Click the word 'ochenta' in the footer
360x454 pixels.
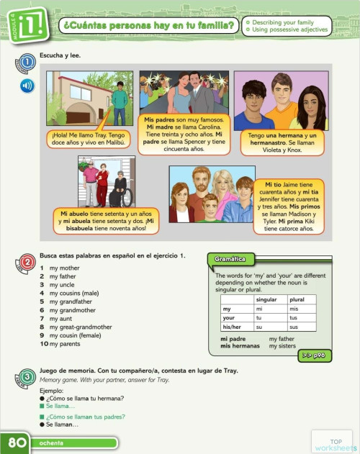point(52,443)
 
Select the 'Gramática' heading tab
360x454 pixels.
point(230,259)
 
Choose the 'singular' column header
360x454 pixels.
point(266,299)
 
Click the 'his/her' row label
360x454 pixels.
point(232,327)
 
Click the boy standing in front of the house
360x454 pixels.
point(119,96)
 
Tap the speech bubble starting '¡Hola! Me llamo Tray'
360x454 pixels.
point(89,138)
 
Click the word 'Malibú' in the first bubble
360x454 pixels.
point(114,142)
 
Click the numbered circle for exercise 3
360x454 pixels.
point(27,376)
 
